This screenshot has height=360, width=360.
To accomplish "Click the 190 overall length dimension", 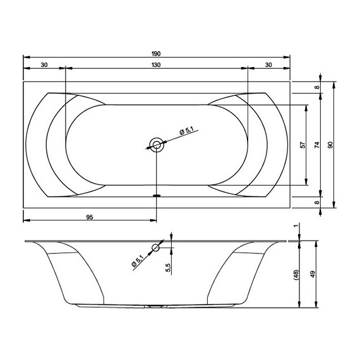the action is point(156,54).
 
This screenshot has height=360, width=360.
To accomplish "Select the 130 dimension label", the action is point(156,65).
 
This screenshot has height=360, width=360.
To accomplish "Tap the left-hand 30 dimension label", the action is point(44,65).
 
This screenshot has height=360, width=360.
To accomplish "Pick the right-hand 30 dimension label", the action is point(268,65).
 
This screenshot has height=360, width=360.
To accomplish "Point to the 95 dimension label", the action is point(90,217).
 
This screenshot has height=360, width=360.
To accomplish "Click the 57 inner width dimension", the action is point(303,145).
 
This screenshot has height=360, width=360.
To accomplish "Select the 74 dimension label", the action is point(317,145).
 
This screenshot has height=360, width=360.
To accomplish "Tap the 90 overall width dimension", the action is point(330,145).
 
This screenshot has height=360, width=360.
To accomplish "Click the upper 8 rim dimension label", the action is point(317,87).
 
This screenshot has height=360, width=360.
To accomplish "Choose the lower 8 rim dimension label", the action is point(317,203).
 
